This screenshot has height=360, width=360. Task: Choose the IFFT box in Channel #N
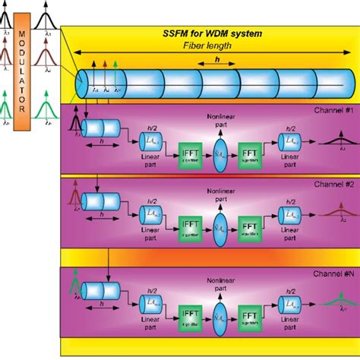pyautogui.click(x=190, y=316)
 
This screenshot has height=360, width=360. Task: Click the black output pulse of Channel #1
pyautogui.click(x=335, y=137)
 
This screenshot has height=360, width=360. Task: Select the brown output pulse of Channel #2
pyautogui.click(x=335, y=212)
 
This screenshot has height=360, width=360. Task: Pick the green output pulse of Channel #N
pyautogui.click(x=335, y=302)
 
